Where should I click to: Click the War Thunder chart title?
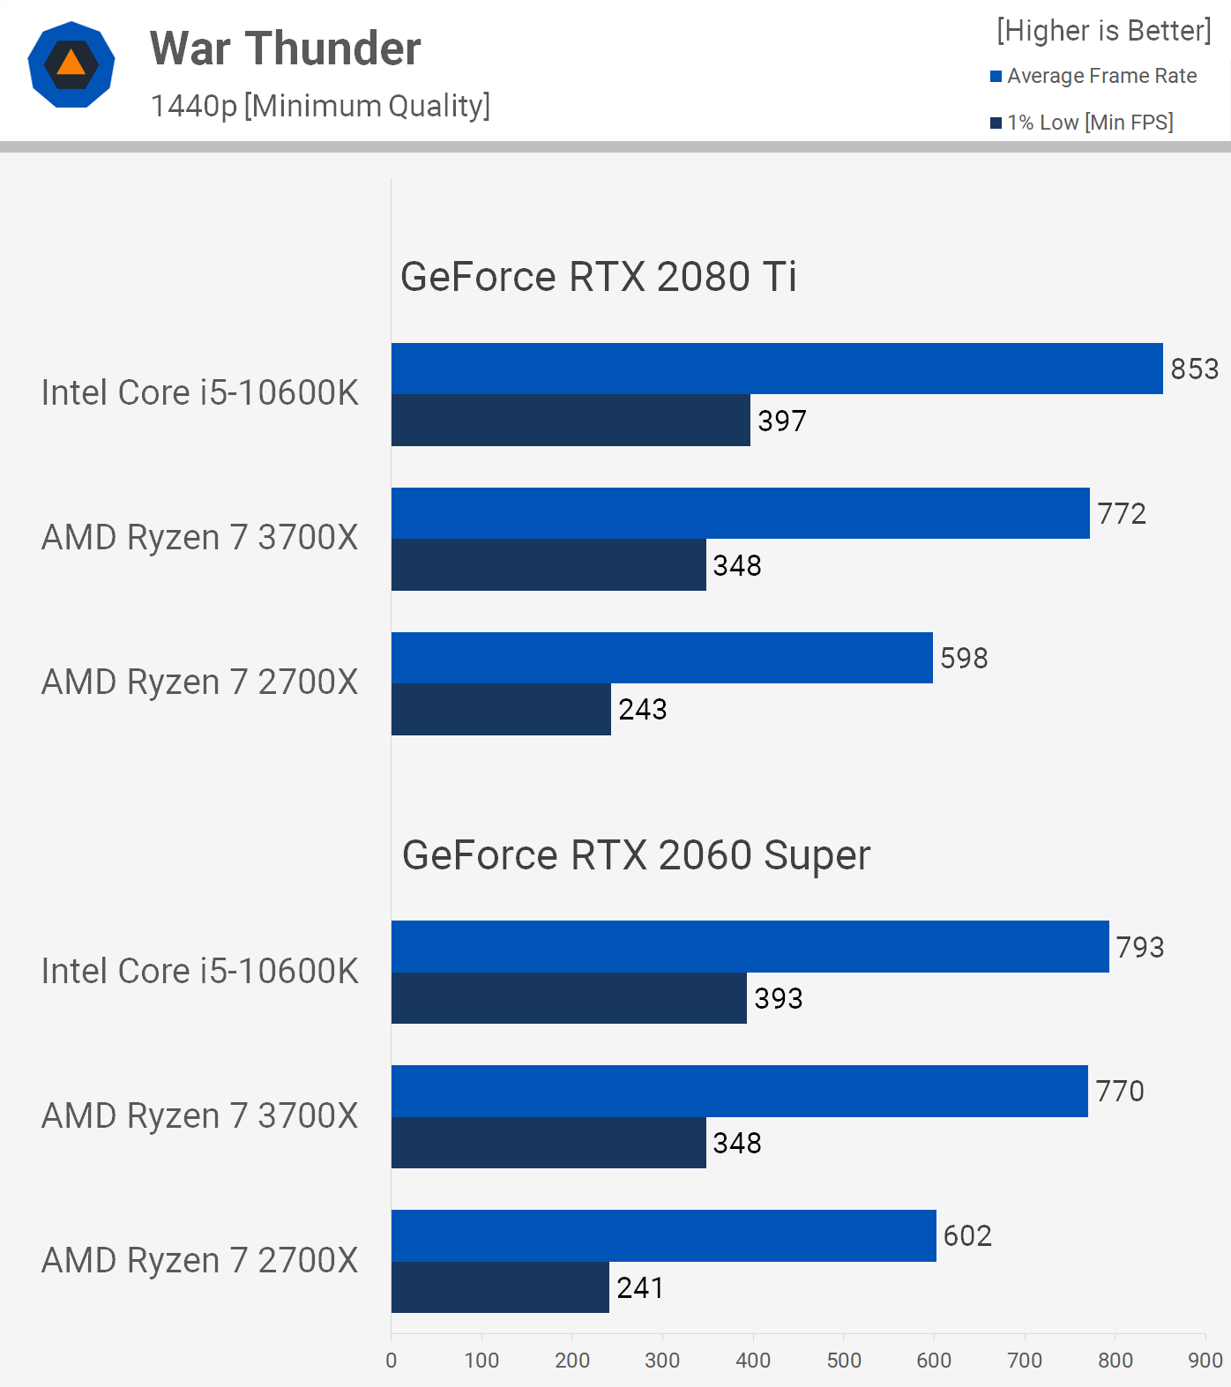click(x=285, y=48)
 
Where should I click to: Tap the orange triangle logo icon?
click(x=71, y=64)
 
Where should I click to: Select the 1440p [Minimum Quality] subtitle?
click(x=320, y=106)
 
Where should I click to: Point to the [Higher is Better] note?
click(x=1103, y=31)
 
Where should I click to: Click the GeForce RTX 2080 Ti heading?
click(x=598, y=277)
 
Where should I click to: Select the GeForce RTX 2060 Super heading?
click(x=636, y=855)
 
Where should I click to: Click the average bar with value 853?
click(x=776, y=369)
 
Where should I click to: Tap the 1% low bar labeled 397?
click(x=571, y=420)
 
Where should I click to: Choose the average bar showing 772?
click(x=740, y=513)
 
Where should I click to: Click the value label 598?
click(x=964, y=658)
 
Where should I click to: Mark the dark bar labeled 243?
click(x=501, y=709)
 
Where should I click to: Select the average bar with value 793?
click(x=750, y=946)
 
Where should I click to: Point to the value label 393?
click(x=779, y=998)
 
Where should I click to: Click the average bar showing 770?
click(x=739, y=1091)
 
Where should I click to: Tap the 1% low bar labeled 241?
click(x=500, y=1287)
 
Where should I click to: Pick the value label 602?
click(x=967, y=1235)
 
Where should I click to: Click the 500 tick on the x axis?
click(x=844, y=1361)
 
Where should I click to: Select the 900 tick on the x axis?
click(x=1205, y=1361)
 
